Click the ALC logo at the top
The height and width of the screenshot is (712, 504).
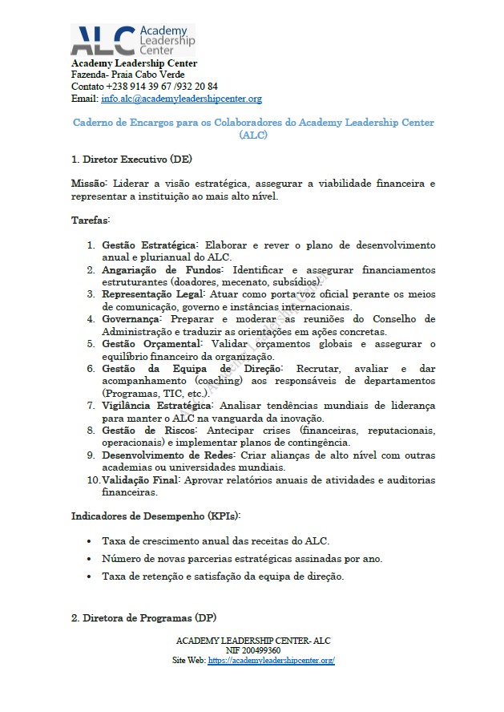click(133, 39)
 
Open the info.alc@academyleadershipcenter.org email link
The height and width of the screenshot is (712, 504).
click(181, 99)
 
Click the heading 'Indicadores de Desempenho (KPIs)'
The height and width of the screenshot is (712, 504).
click(156, 515)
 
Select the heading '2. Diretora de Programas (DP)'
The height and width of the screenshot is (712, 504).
click(143, 618)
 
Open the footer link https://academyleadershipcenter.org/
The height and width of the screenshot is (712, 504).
click(270, 661)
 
